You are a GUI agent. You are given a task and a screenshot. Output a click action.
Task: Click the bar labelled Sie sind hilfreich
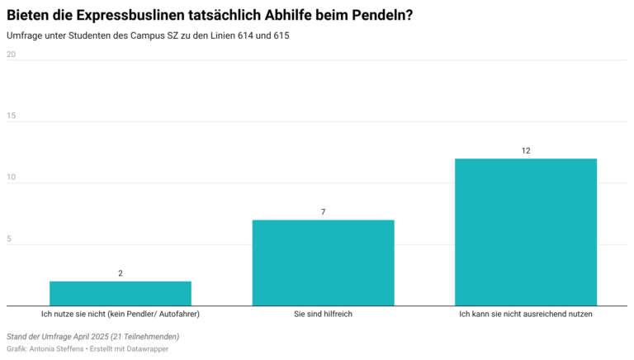323,263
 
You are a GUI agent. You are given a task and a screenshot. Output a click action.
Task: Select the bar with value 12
526,232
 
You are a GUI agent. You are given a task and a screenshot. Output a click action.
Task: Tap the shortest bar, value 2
121,293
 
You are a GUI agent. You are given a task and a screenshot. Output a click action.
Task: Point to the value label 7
323,212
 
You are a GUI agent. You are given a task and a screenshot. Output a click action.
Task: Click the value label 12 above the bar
526,150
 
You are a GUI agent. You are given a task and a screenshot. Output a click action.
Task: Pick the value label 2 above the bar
121,273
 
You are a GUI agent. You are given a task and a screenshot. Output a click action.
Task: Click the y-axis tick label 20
12,54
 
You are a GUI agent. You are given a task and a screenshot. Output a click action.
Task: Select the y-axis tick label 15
12,116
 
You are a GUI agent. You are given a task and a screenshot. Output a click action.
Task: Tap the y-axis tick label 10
12,178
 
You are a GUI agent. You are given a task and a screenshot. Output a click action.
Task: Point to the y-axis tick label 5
10,239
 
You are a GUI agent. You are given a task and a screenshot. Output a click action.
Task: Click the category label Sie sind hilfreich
323,315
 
